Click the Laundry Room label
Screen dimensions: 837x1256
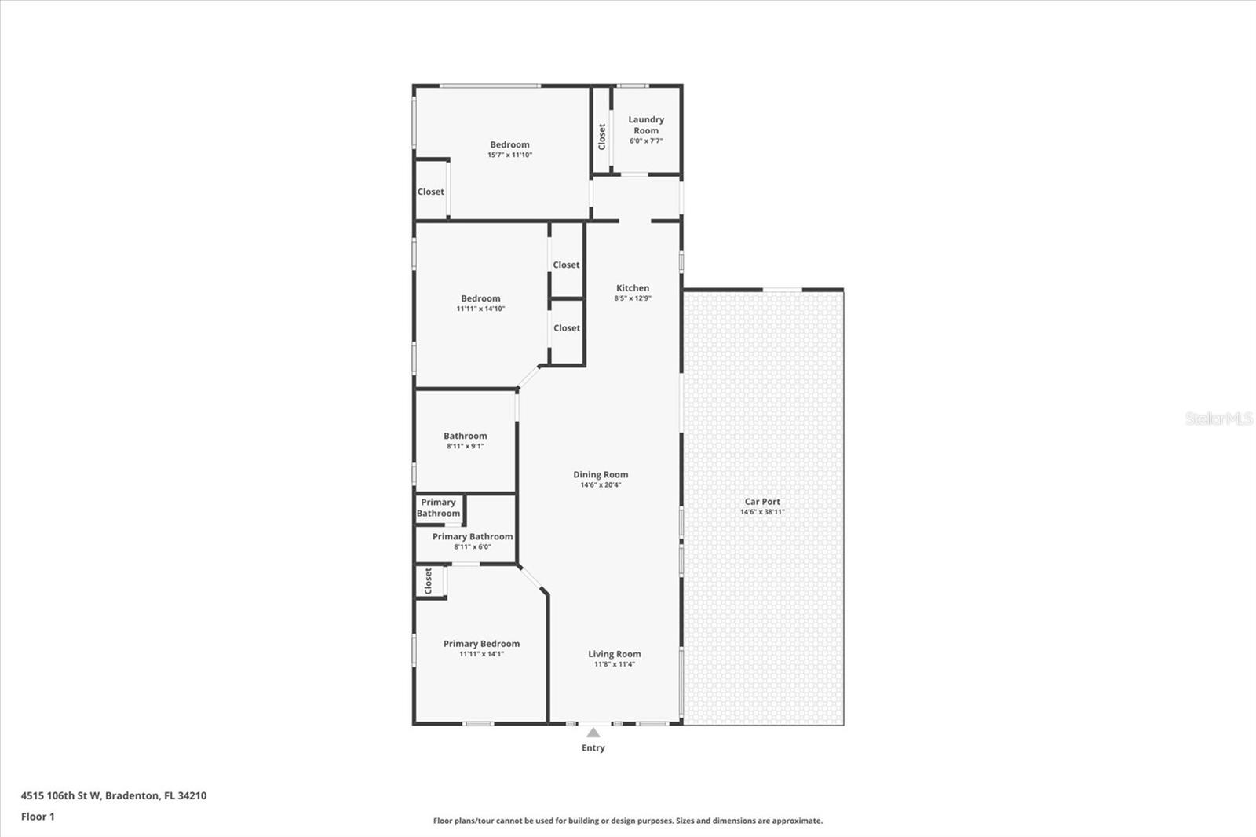coord(646,125)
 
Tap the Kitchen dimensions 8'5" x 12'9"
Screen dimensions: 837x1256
coord(633,298)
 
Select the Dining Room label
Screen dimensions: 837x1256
coord(601,474)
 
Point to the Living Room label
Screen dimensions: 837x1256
coord(614,653)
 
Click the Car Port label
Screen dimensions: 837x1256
coord(762,501)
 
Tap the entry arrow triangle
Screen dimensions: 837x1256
coord(593,733)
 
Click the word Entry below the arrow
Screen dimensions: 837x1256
coord(593,747)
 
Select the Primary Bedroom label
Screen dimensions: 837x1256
coord(481,643)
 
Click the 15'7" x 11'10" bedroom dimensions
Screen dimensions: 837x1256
coord(509,155)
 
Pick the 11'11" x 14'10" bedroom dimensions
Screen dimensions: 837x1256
coord(480,309)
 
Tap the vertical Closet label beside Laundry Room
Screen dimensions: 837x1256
coord(601,137)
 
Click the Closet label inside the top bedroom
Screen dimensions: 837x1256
coord(430,192)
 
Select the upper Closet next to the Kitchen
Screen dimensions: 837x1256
coord(566,265)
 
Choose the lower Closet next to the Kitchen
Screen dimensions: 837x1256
coord(566,328)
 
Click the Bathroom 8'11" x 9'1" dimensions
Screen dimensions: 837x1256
coord(466,446)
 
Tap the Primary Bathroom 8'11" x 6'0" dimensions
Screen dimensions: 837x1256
coord(473,546)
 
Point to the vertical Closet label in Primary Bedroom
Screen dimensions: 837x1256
coord(428,581)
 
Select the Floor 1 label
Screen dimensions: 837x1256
coord(38,817)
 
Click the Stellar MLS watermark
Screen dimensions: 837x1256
coord(1218,418)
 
